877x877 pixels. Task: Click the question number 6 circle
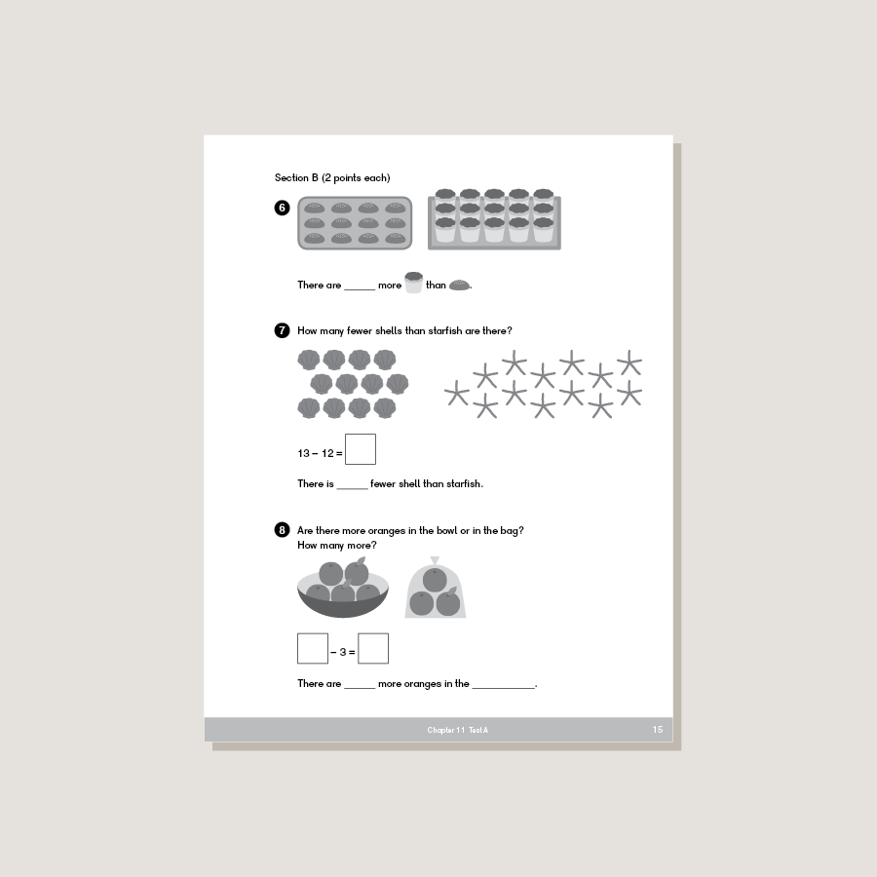283,208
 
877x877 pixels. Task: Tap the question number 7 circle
283,330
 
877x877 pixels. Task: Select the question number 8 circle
283,530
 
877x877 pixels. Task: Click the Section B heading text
332,177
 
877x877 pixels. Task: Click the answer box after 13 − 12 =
360,449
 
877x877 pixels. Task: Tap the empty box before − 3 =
313,648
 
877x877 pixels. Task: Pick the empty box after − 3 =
373,648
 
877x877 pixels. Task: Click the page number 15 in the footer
658,730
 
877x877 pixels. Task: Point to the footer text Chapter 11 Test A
457,730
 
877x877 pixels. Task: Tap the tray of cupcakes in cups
494,221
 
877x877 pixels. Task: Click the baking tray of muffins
355,223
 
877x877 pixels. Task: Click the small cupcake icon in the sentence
413,283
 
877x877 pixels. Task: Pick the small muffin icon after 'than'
460,285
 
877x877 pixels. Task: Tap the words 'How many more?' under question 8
337,545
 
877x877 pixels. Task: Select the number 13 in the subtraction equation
304,453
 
